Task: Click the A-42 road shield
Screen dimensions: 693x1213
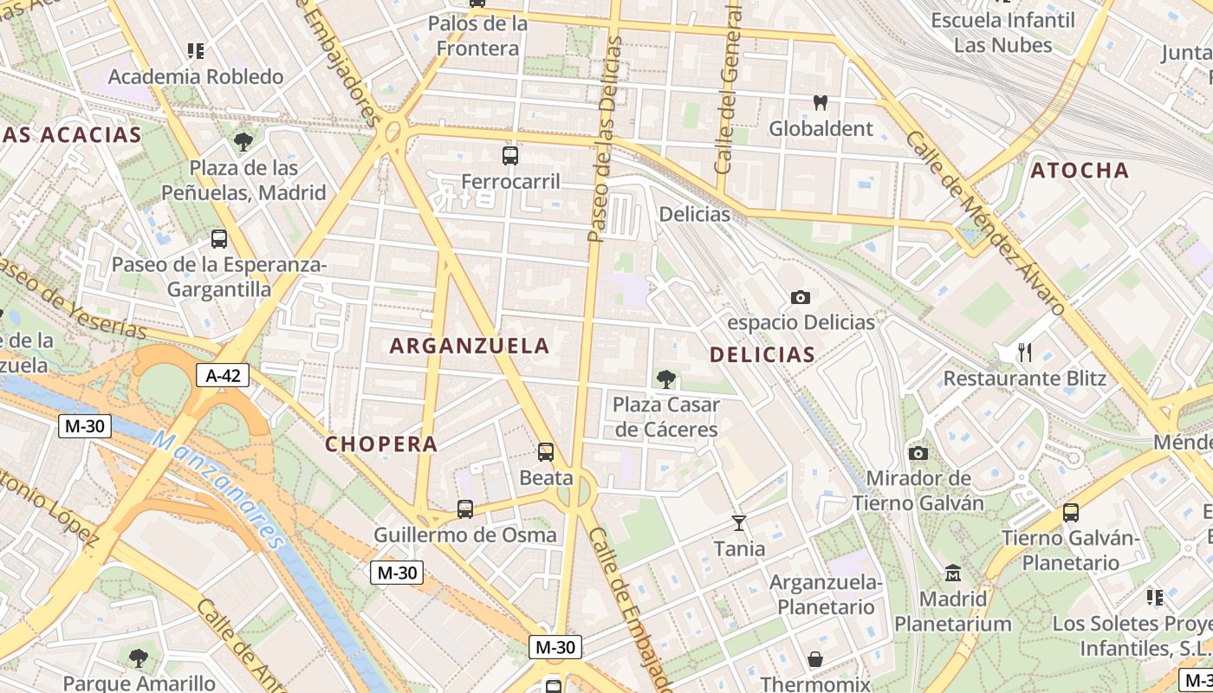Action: pyautogui.click(x=223, y=375)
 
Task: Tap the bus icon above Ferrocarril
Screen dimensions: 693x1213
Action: pyautogui.click(x=510, y=156)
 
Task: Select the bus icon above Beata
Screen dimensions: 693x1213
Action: pyautogui.click(x=546, y=451)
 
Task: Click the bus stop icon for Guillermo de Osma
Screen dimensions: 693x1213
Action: pyautogui.click(x=465, y=508)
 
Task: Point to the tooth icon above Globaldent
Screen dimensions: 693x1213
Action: pyautogui.click(x=821, y=102)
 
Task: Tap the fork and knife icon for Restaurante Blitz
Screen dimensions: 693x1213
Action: pyautogui.click(x=1025, y=352)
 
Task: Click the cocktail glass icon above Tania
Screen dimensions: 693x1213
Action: pyautogui.click(x=739, y=522)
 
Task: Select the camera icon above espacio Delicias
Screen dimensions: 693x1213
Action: pyautogui.click(x=801, y=297)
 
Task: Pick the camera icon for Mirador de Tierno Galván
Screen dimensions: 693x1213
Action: pyautogui.click(x=918, y=453)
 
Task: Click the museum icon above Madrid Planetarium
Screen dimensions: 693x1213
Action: pyautogui.click(x=953, y=573)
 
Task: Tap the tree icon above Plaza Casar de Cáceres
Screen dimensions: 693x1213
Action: pyautogui.click(x=665, y=379)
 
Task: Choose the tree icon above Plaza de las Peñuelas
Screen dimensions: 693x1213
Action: pyautogui.click(x=243, y=142)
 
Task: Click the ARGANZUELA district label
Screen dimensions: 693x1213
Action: pyautogui.click(x=470, y=346)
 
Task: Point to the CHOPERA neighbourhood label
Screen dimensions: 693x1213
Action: pyautogui.click(x=381, y=444)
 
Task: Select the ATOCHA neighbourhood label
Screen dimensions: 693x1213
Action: pyautogui.click(x=1080, y=171)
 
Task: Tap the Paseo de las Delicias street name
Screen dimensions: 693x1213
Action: pyautogui.click(x=606, y=139)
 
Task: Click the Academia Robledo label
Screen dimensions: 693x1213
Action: pyautogui.click(x=196, y=76)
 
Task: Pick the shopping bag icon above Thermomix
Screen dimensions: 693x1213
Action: pyautogui.click(x=815, y=659)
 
